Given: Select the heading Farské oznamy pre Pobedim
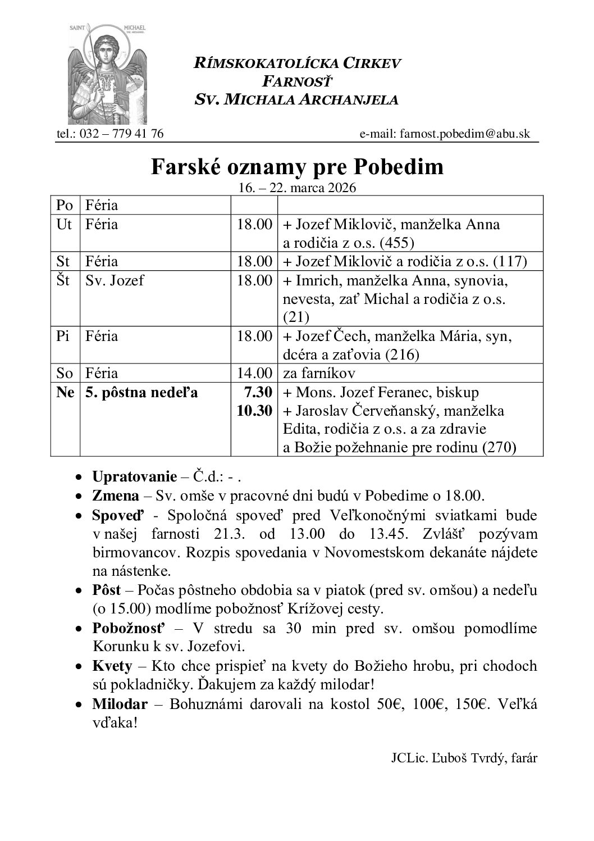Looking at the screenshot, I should point(297,167).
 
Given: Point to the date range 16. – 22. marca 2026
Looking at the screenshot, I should point(297,188).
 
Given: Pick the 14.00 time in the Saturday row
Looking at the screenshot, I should point(254,373).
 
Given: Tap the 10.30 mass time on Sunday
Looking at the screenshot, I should point(254,411).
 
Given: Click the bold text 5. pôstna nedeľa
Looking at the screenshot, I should point(141,392).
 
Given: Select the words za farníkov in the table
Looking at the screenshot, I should point(319,373).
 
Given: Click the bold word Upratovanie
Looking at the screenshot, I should point(134,478).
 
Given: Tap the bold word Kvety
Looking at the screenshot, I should point(112,666).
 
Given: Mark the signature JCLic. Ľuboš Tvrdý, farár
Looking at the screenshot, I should point(464,758).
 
